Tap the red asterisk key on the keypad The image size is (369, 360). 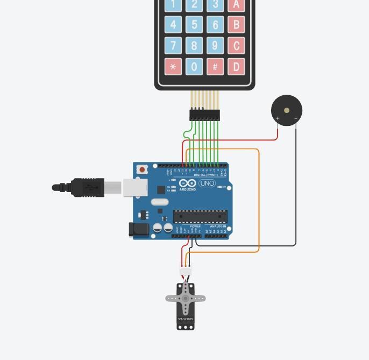point(173,67)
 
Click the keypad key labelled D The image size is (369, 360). point(236,67)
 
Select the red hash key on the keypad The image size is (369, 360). point(215,67)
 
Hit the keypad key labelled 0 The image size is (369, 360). point(194,67)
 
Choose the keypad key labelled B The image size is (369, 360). point(236,24)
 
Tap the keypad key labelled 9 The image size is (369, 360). point(215,45)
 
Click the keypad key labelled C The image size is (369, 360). point(236,45)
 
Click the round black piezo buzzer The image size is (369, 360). point(287,110)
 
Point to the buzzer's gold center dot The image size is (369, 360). point(287,110)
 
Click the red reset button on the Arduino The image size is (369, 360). point(142,170)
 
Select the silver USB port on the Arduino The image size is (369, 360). point(135,188)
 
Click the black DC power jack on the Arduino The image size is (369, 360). point(138,230)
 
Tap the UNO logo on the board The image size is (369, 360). point(207,183)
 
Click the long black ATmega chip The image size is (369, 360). point(200,216)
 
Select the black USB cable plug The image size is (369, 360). point(87,187)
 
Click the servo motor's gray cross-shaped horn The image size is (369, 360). point(186,298)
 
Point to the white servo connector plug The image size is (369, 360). point(185,271)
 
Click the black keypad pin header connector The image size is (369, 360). point(204,115)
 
